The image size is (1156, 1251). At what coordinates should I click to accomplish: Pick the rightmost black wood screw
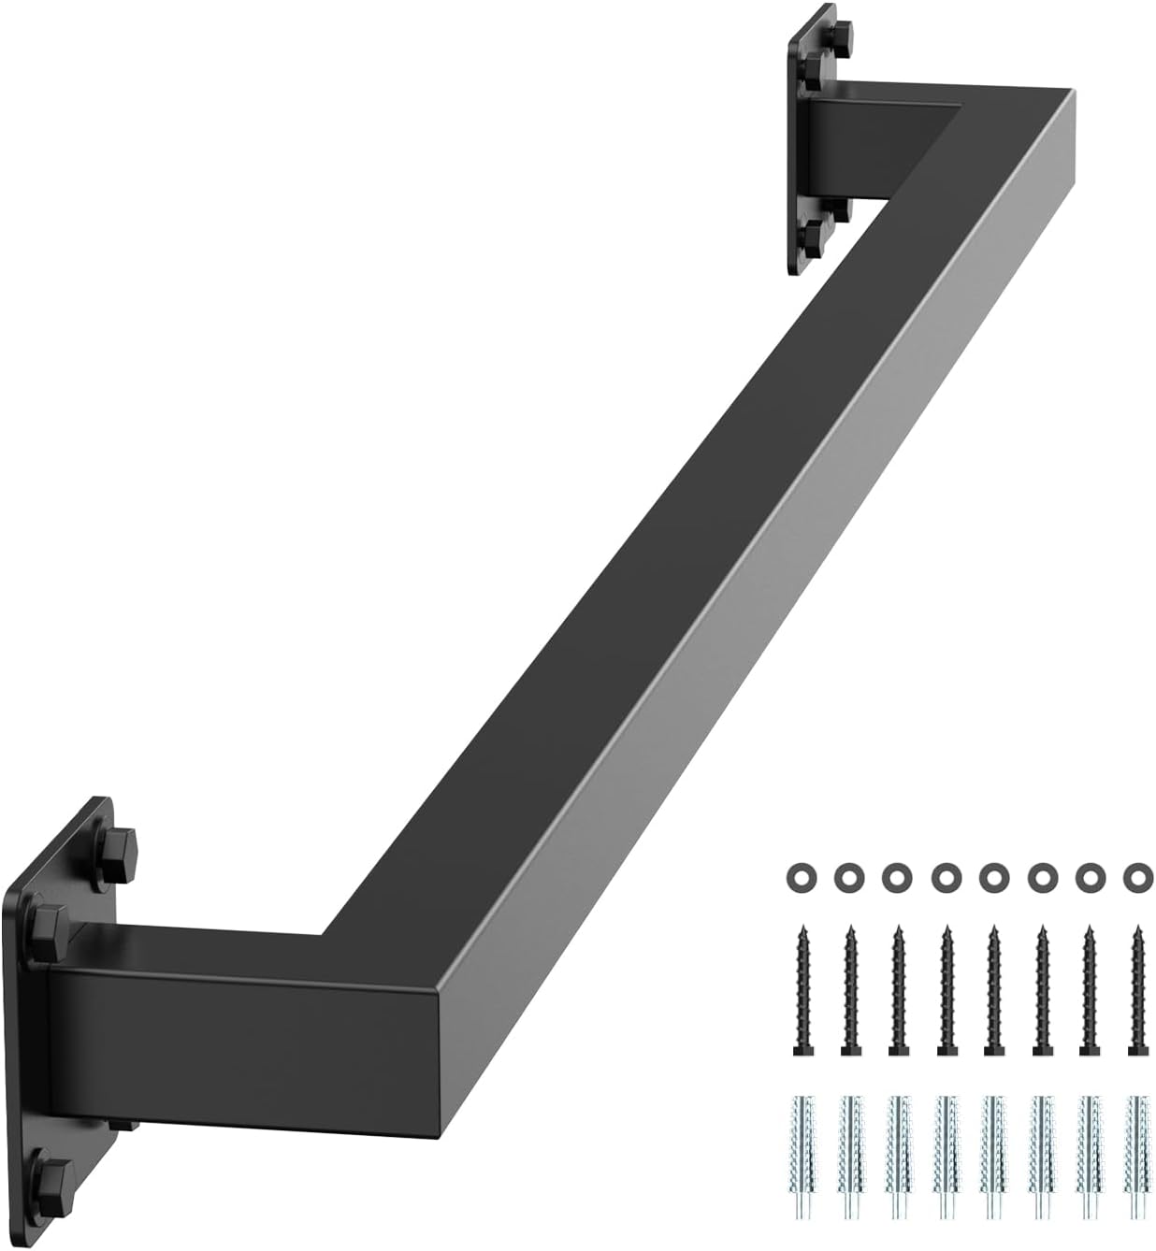click(1135, 990)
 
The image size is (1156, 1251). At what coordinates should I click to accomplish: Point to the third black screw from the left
click(897, 990)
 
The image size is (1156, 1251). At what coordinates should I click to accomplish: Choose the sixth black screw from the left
click(1040, 990)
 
